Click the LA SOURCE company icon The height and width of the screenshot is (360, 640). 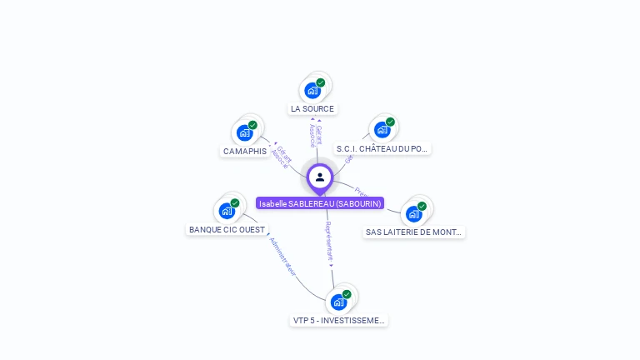coord(312,90)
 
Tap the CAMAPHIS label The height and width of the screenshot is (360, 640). coord(244,152)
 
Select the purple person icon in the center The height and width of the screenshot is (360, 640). coord(320,177)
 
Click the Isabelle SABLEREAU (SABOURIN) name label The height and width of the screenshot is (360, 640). coord(320,203)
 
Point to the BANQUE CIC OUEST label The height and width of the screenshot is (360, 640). coord(227,229)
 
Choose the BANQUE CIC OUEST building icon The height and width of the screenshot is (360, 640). coord(227,211)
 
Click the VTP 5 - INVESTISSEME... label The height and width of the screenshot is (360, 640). coord(340,320)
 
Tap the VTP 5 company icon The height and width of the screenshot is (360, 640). coord(338,302)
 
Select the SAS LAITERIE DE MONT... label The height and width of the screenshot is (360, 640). coord(413,232)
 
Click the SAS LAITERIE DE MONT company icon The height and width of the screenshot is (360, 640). coord(413,213)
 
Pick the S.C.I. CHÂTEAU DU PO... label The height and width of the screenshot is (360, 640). coord(382,149)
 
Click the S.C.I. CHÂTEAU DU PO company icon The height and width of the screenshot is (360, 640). coord(382,129)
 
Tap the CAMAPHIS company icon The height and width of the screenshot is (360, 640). coord(244,132)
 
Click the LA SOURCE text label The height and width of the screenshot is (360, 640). coord(312,109)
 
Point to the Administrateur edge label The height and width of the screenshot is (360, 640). coord(283,257)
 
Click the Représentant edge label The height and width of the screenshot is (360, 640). coord(329,242)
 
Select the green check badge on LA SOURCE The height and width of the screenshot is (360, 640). coord(321,82)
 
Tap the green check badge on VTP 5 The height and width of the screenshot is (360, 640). coord(347,294)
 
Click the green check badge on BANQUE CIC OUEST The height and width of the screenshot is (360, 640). coord(235,203)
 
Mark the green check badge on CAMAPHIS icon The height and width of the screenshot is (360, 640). coord(252,125)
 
